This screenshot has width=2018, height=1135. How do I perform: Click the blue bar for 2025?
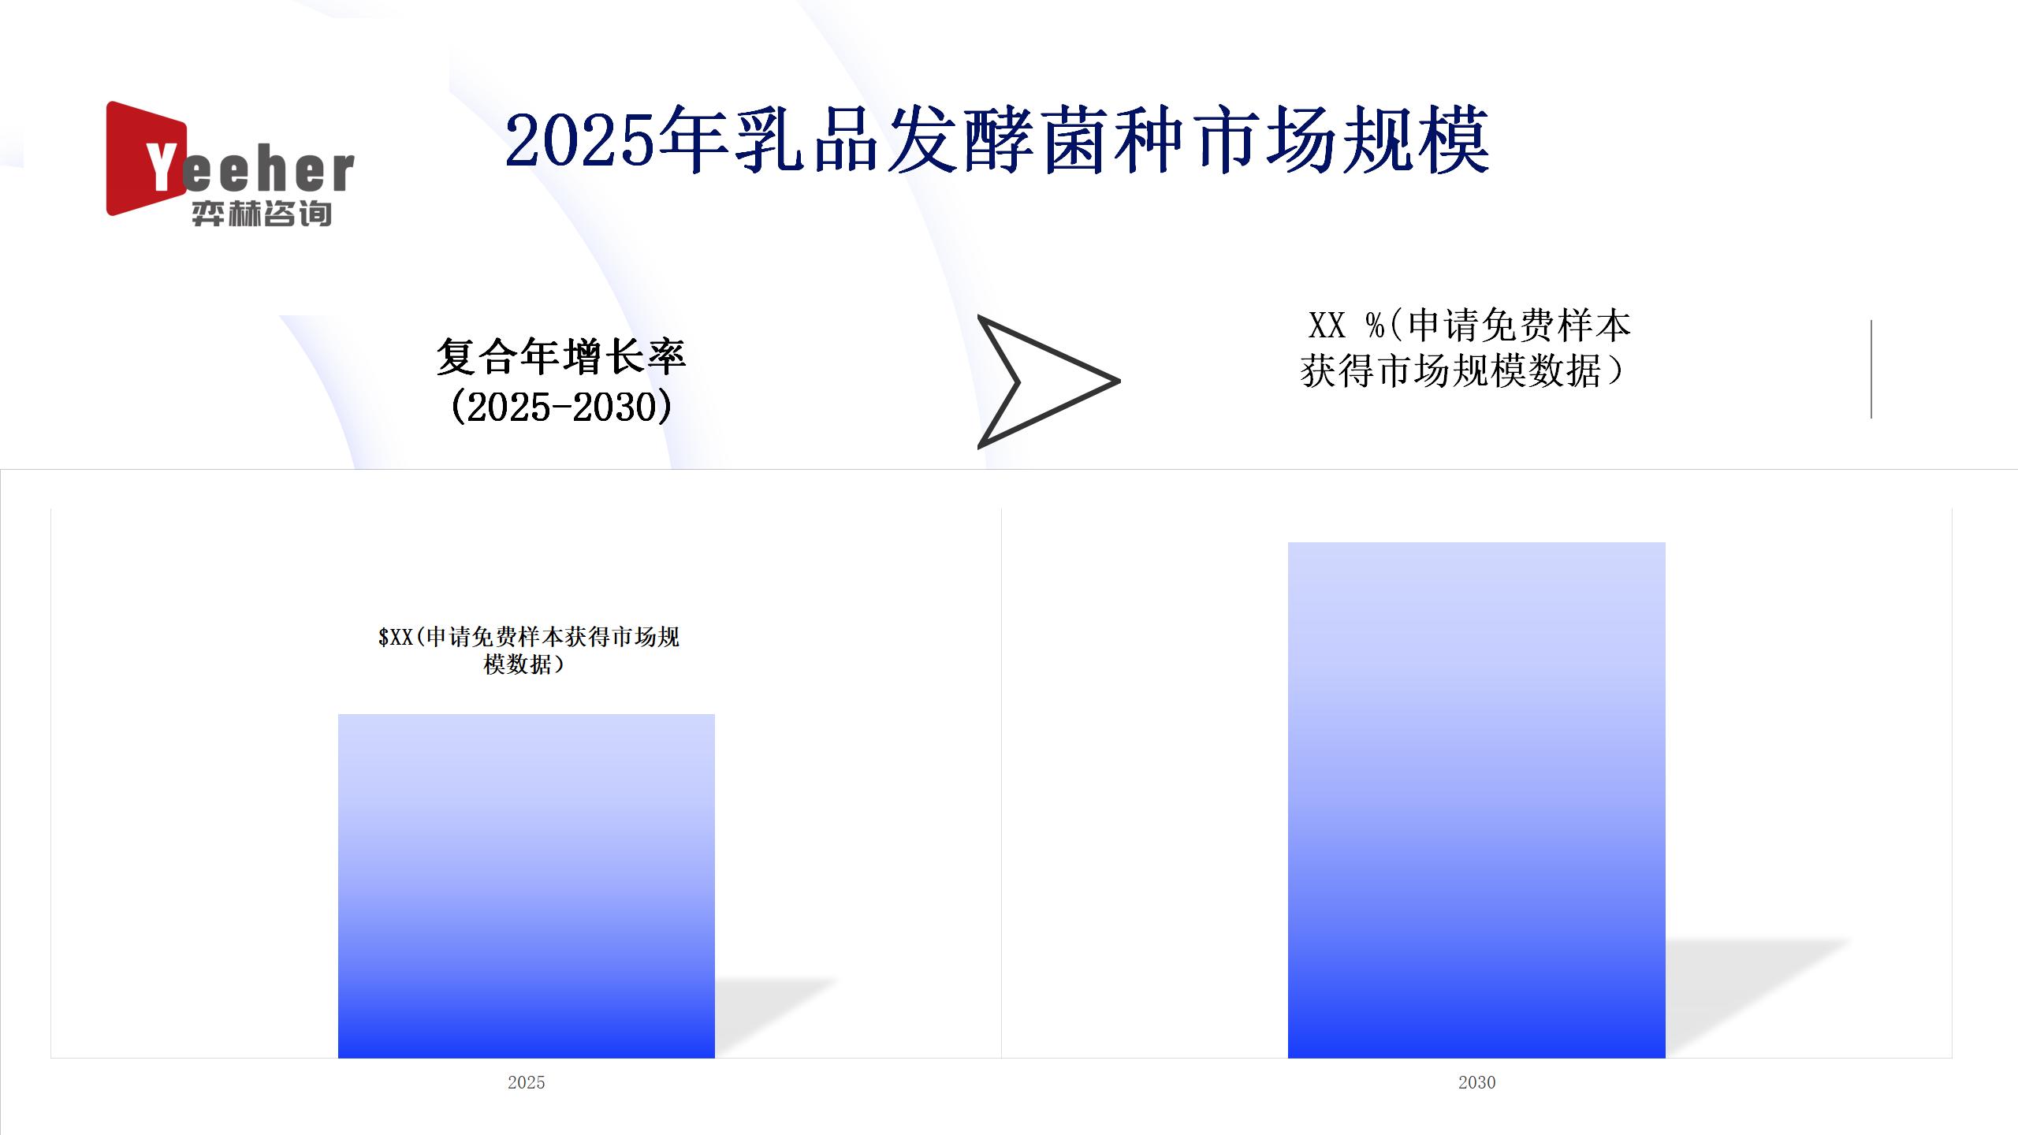(527, 886)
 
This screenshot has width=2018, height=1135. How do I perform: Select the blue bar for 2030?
(1476, 800)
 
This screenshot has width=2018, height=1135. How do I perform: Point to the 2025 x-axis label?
(527, 1082)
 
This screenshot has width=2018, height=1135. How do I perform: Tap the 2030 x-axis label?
(1476, 1082)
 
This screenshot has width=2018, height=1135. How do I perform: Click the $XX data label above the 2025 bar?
(528, 650)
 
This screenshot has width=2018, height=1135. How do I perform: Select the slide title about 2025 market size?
(997, 141)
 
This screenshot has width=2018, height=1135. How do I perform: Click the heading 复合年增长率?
(561, 357)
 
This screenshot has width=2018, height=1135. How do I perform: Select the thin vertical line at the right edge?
(1871, 369)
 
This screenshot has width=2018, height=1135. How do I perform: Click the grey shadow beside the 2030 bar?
(1758, 997)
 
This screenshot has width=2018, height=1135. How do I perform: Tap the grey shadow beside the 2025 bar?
(776, 1017)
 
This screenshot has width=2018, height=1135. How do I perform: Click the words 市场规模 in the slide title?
(1340, 141)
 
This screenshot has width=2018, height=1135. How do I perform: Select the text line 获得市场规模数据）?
(1462, 370)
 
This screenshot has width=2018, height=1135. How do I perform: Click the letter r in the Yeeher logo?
(341, 172)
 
